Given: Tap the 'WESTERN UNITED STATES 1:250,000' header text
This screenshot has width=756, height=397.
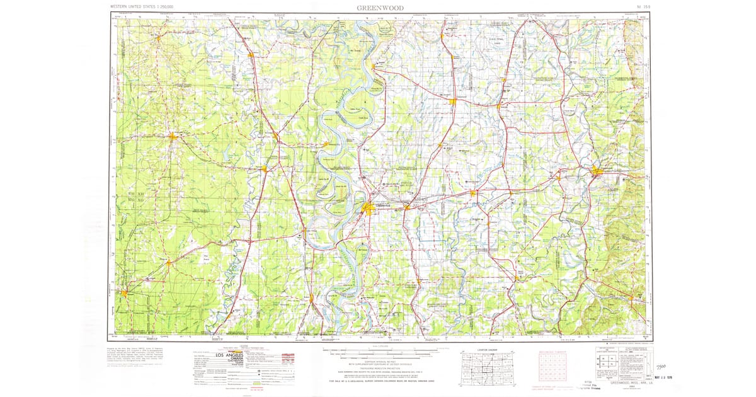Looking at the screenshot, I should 142,6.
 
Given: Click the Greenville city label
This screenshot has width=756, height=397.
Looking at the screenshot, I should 383,205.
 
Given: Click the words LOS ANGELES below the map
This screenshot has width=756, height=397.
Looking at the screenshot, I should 241,355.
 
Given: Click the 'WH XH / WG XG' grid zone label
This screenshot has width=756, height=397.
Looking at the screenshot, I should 137,195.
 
